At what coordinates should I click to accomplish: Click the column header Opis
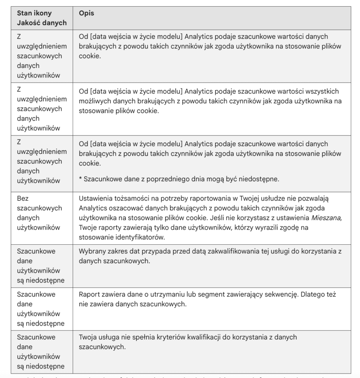pos(87,13)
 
